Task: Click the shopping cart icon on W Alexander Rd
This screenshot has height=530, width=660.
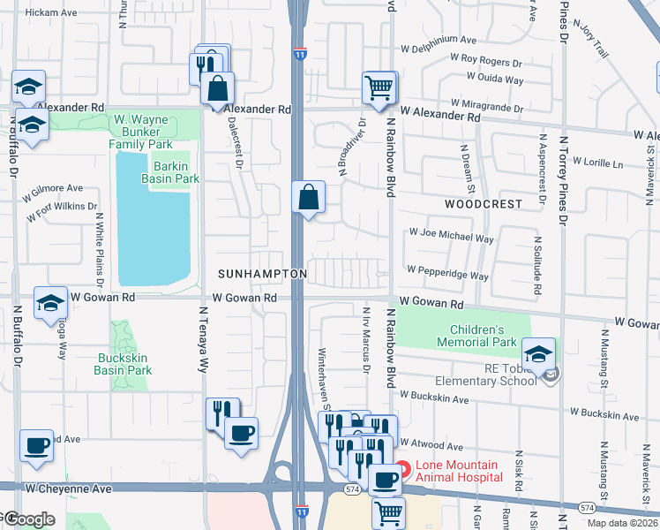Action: coord(379,87)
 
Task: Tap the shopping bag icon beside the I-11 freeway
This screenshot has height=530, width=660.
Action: coord(309,197)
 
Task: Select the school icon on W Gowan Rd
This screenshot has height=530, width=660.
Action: coord(51,303)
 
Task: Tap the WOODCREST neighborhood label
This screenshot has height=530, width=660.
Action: coord(483,203)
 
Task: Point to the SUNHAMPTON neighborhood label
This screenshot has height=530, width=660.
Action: coord(263,274)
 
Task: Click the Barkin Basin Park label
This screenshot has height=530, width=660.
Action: coord(170,172)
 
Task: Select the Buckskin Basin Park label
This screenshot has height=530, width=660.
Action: coord(123,365)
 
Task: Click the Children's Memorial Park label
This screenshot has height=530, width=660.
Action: coord(476,336)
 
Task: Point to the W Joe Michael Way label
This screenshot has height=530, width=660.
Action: coord(450,238)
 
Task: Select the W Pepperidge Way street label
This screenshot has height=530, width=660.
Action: coord(447,276)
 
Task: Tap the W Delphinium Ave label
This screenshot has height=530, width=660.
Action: coord(438,41)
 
